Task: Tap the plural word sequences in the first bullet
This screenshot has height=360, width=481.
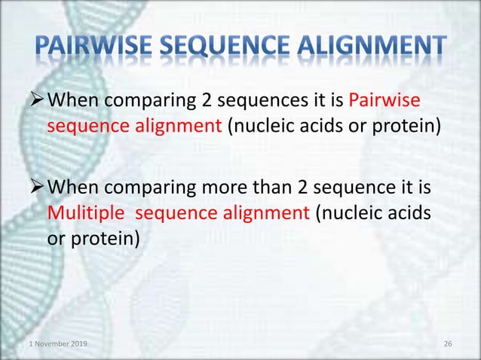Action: click(257, 101)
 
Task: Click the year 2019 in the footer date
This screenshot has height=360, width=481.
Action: click(78, 344)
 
